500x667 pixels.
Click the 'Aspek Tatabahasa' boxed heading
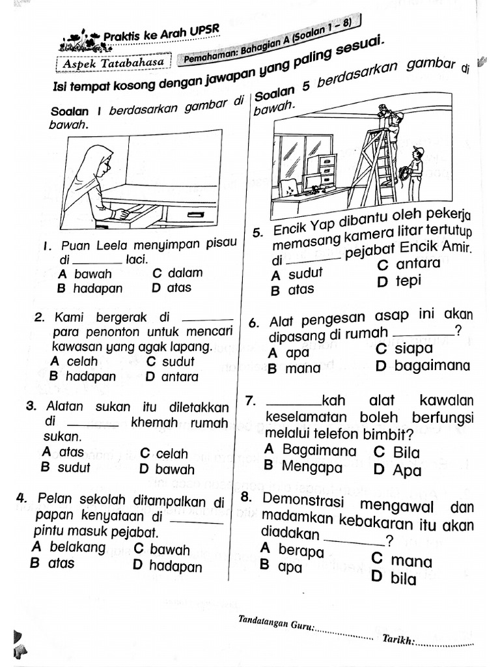pos(115,63)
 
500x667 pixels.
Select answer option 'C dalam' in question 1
pos(176,273)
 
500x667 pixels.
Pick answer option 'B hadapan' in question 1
pos(89,288)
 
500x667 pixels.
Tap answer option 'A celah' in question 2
pos(74,361)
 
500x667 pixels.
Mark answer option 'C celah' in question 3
pos(164,453)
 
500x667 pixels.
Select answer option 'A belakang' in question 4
pos(68,547)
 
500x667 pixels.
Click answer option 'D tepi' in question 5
pos(399,281)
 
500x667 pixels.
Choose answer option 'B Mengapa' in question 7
pos(303,466)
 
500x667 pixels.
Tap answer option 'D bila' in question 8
pos(394,578)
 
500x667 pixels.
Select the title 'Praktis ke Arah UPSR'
pos(161,34)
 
